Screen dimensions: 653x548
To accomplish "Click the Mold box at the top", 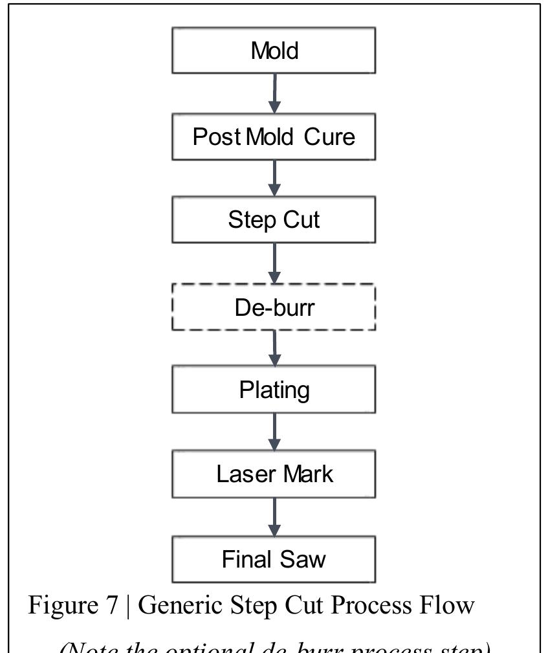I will (274, 50).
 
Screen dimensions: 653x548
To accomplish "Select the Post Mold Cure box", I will (274, 137).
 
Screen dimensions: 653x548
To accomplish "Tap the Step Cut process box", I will (274, 220).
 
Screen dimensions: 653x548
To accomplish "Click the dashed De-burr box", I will (274, 307).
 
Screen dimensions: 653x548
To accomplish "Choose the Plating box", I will (274, 390).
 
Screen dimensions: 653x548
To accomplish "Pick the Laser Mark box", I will (274, 474).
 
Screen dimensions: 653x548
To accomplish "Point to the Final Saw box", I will (274, 559).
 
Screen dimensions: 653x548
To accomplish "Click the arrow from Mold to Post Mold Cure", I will (275, 93).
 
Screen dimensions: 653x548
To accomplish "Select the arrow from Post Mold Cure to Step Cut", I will (275, 178).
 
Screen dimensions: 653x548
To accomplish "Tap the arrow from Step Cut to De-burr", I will (275, 263).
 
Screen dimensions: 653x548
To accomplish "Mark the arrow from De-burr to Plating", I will (275, 348).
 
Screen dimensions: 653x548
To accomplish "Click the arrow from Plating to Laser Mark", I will (275, 432).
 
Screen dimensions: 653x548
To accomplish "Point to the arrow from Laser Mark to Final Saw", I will (275, 516).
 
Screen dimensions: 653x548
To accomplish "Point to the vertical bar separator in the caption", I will (128, 605).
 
